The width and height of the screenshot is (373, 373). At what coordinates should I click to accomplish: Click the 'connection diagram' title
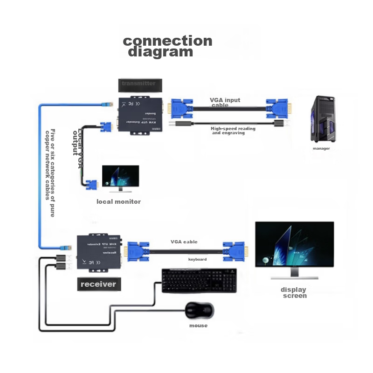tap(167, 46)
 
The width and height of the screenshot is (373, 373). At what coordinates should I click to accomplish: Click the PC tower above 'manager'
tap(323, 119)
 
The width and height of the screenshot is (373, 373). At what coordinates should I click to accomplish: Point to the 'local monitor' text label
tap(118, 202)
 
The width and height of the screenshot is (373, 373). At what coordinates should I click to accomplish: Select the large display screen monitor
tap(294, 244)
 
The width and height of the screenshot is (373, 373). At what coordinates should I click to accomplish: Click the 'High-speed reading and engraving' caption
tap(233, 131)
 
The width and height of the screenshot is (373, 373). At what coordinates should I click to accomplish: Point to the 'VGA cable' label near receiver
tap(184, 242)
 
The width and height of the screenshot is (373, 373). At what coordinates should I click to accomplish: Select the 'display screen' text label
tap(294, 293)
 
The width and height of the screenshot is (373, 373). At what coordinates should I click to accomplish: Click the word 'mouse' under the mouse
tap(198, 325)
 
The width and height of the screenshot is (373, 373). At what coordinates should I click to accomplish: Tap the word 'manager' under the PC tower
tap(321, 149)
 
